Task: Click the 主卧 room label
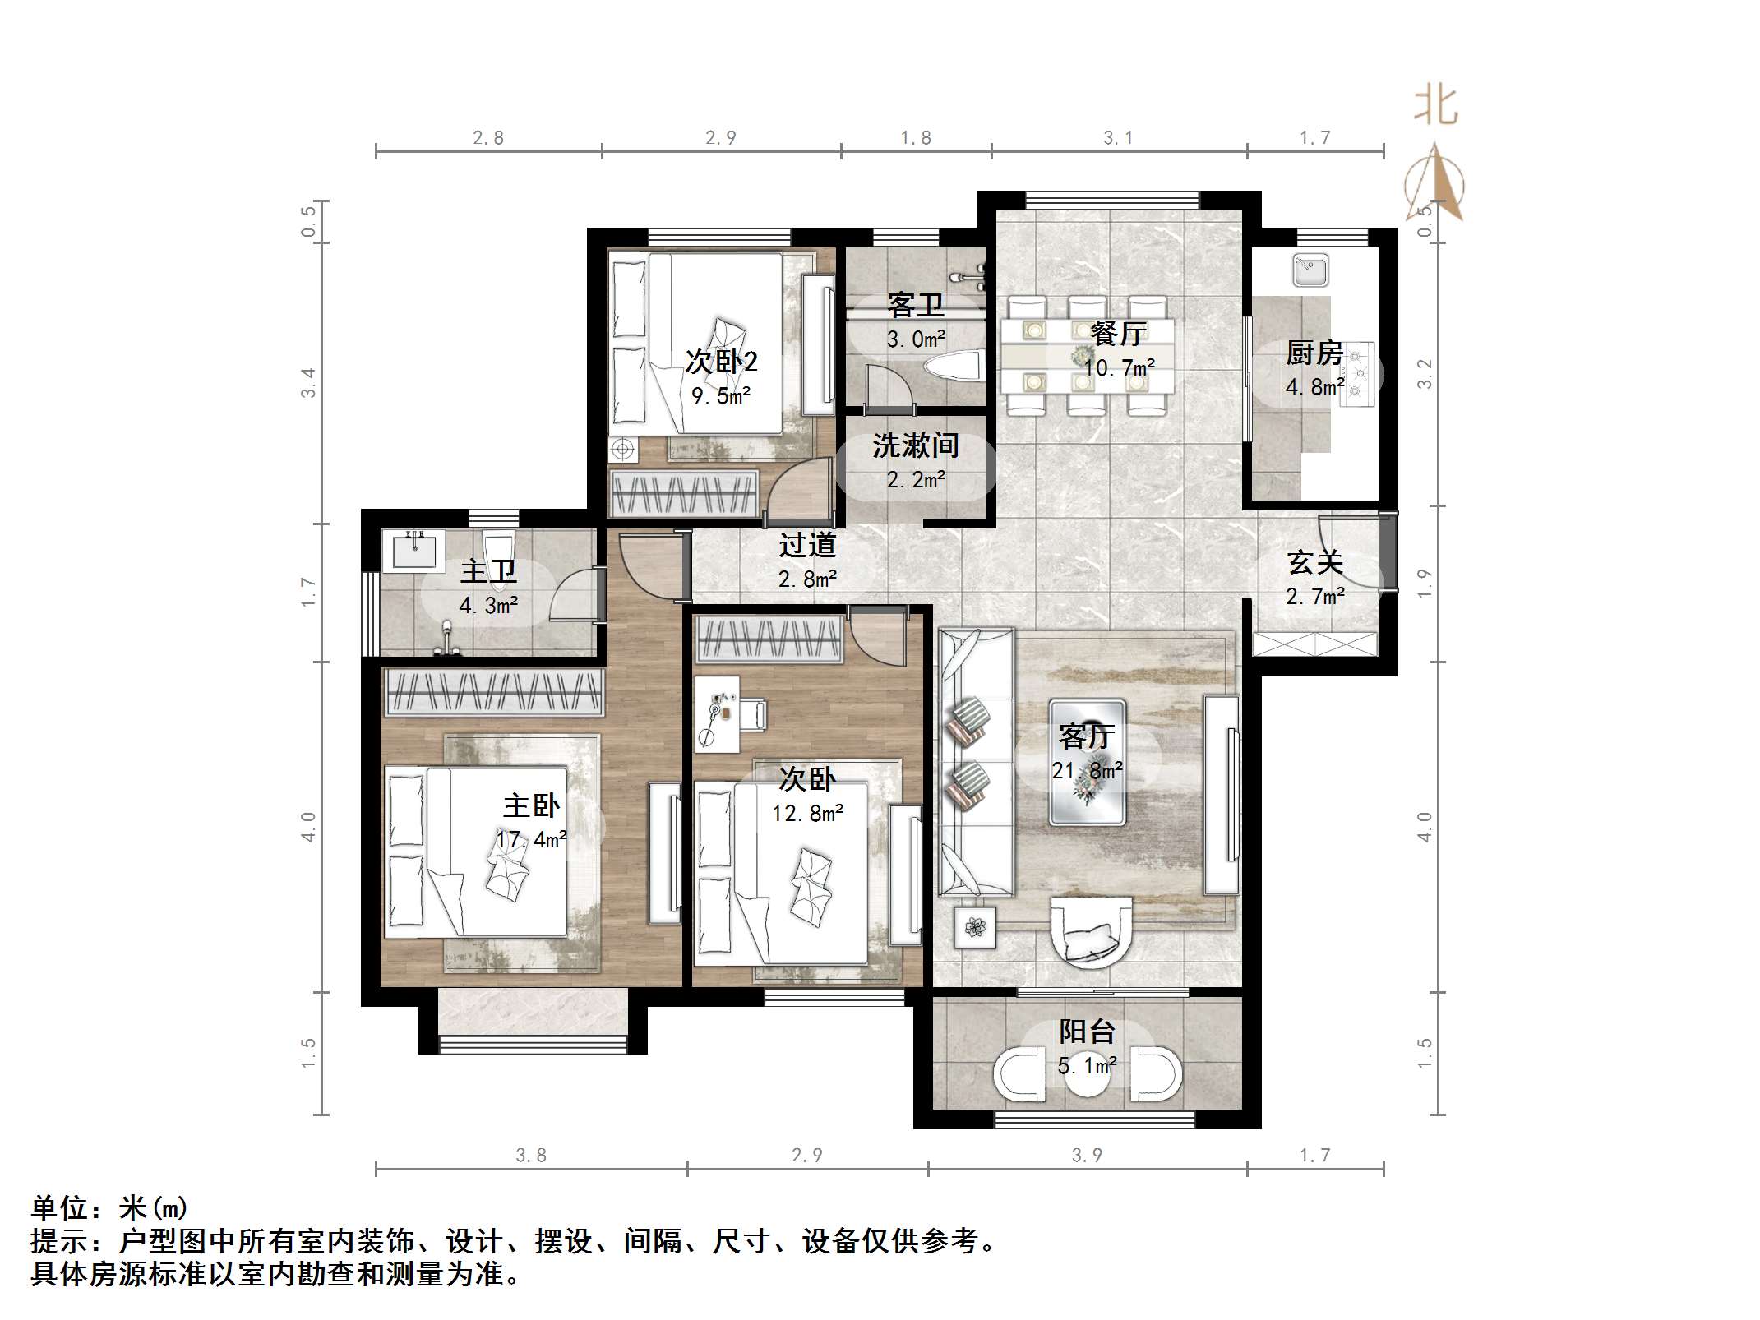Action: point(531,805)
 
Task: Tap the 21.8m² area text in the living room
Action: point(1087,770)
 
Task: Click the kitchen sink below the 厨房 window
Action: point(1310,270)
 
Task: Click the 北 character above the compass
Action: point(1435,107)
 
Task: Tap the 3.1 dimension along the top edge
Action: point(1117,138)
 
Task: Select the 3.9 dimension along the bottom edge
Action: point(1086,1155)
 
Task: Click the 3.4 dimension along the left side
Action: point(308,383)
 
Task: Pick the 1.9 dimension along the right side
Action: point(1425,583)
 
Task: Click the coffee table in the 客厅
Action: point(1087,762)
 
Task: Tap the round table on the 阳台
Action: point(1087,1078)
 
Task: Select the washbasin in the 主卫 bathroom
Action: point(414,550)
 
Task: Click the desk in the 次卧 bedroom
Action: point(717,713)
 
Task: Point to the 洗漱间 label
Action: point(915,445)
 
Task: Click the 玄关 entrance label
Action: point(1314,563)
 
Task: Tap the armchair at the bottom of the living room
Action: point(1091,932)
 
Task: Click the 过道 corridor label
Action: point(806,545)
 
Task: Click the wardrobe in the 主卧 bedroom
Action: point(494,691)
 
